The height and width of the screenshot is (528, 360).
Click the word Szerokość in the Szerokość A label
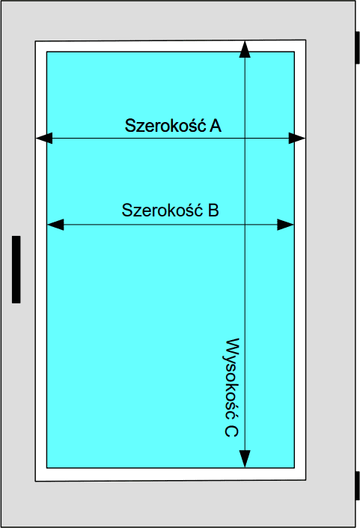coord(165,125)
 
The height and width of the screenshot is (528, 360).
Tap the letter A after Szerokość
coord(216,126)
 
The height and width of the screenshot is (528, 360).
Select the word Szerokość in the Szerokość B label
coord(162,210)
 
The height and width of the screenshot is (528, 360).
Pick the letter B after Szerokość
coord(213,210)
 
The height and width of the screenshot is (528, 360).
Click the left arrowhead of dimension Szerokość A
coord(44,138)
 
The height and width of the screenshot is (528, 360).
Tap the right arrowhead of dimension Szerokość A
coord(296,138)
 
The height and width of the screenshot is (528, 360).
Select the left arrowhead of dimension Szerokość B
coord(55,225)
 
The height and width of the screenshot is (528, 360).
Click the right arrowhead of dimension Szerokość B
coord(285,225)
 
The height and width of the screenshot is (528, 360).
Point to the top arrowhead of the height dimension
coord(245,49)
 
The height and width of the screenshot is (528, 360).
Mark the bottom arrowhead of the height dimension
coord(245,459)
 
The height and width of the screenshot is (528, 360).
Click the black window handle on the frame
coord(16,270)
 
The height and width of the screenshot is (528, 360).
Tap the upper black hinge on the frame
coord(358,47)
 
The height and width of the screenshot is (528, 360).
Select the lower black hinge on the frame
coord(358,485)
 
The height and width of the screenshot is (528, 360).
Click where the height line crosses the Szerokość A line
coord(245,138)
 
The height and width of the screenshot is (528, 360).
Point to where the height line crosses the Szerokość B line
coord(245,225)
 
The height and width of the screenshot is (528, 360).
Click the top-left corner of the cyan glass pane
coord(46,52)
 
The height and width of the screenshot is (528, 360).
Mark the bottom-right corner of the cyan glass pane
coord(294,468)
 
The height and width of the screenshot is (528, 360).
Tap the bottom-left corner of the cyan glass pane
coord(46,468)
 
